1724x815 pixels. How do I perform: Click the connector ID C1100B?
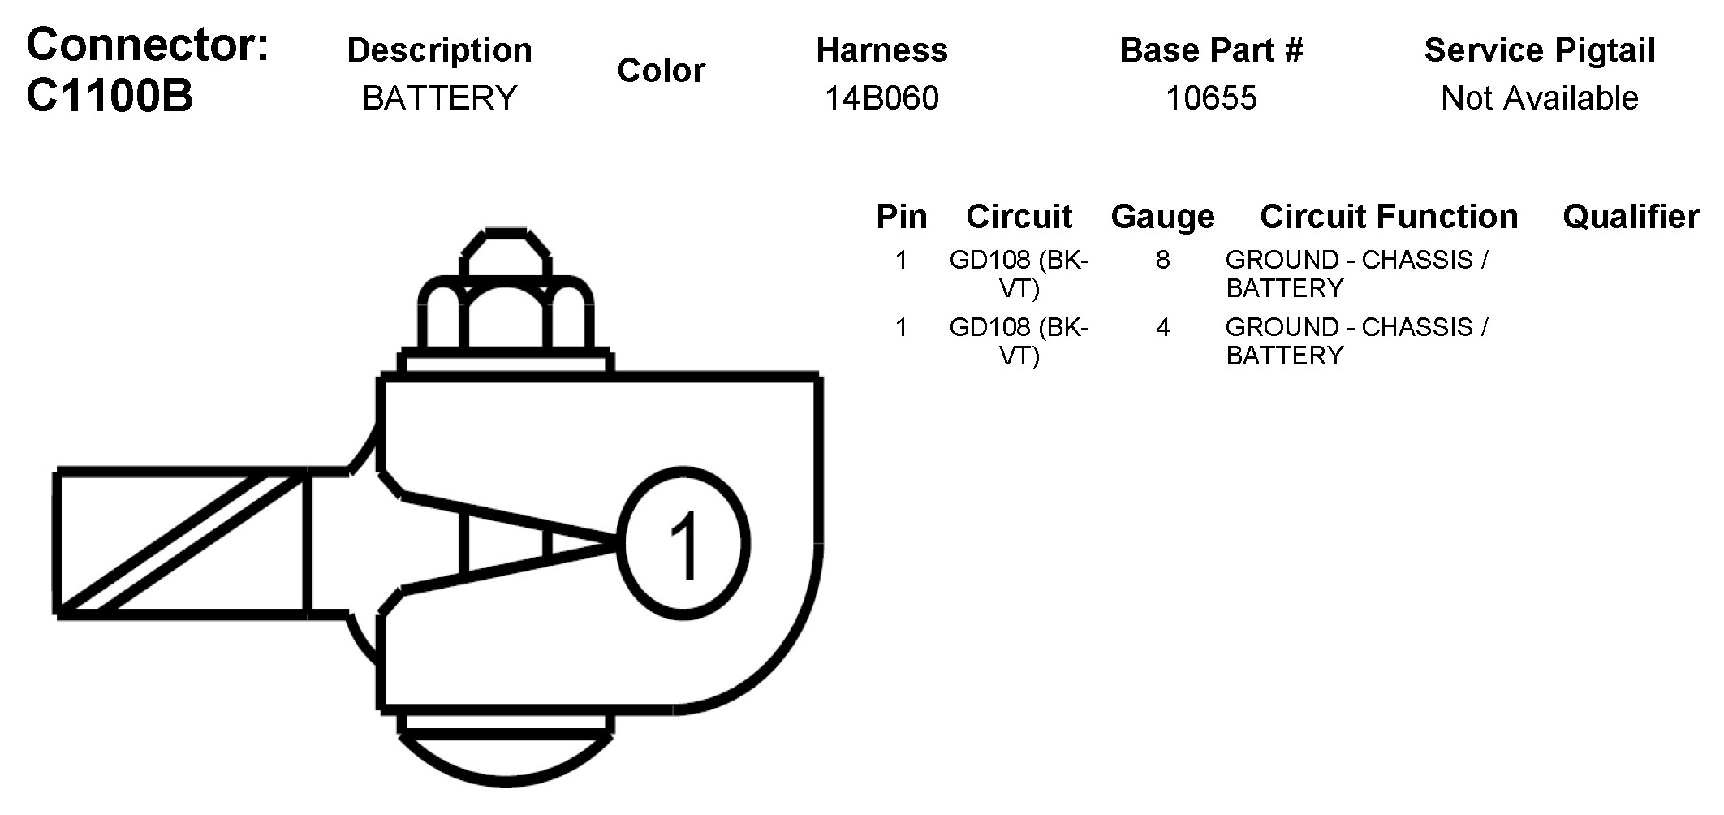point(110,96)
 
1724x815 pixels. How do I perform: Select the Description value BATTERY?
point(439,98)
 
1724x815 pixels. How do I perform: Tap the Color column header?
point(661,71)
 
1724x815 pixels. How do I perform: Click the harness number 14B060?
point(881,98)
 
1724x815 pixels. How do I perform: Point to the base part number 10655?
point(1211,98)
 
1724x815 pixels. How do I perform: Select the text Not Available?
point(1539,98)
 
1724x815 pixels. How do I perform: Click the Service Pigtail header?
point(1539,50)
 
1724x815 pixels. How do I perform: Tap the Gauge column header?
point(1162,217)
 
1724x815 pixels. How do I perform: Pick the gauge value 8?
point(1162,260)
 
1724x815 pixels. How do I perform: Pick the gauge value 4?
point(1162,327)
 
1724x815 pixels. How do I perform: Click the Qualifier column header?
point(1631,217)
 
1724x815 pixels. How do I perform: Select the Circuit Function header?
point(1389,217)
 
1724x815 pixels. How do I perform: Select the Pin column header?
point(901,217)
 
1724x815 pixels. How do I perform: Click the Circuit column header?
point(1019,217)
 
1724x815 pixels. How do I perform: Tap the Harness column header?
point(881,50)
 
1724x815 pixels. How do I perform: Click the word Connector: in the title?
point(147,45)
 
